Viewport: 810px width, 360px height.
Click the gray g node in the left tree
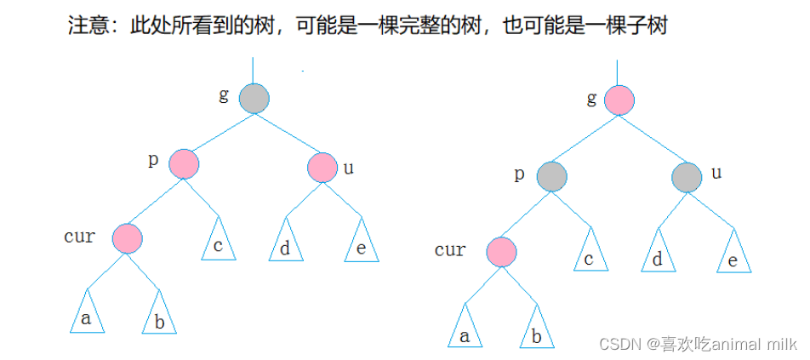(x=254, y=99)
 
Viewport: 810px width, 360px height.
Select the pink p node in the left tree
(x=183, y=163)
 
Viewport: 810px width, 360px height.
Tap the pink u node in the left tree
(x=322, y=167)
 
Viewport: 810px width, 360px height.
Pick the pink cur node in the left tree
(x=127, y=237)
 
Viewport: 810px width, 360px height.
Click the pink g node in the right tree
(x=619, y=100)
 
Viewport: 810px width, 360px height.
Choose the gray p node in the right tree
(x=551, y=176)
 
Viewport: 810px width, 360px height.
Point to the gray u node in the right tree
(x=687, y=177)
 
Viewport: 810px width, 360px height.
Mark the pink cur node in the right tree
(x=502, y=252)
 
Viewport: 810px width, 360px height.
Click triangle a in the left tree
(x=85, y=316)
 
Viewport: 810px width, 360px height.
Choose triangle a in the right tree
(x=465, y=330)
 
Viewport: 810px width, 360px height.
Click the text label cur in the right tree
(x=450, y=249)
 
